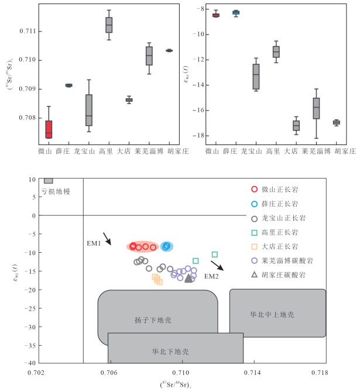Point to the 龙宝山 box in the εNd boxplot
[256, 75]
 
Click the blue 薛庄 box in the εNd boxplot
[236, 12]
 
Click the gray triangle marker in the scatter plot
[188, 278]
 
